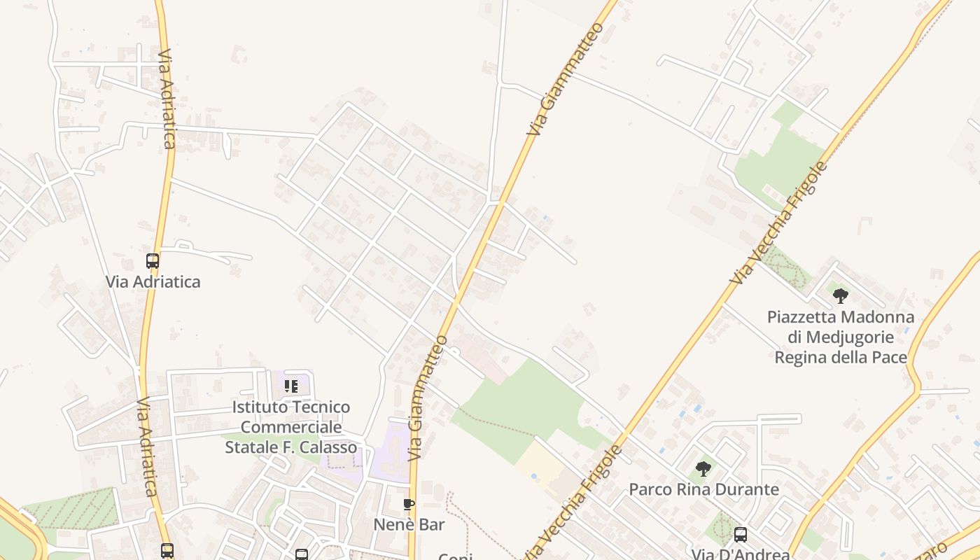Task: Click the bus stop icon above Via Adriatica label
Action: [153, 261]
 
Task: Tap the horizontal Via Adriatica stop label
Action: [153, 282]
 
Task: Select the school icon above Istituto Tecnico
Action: [291, 386]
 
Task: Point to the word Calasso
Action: [328, 447]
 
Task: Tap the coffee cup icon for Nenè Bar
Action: [409, 504]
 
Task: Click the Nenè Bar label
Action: [409, 524]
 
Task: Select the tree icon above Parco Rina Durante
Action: [703, 468]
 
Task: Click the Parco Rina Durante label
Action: [703, 489]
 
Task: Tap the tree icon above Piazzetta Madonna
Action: [841, 295]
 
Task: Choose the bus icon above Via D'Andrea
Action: [741, 535]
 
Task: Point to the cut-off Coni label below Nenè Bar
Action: [455, 556]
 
